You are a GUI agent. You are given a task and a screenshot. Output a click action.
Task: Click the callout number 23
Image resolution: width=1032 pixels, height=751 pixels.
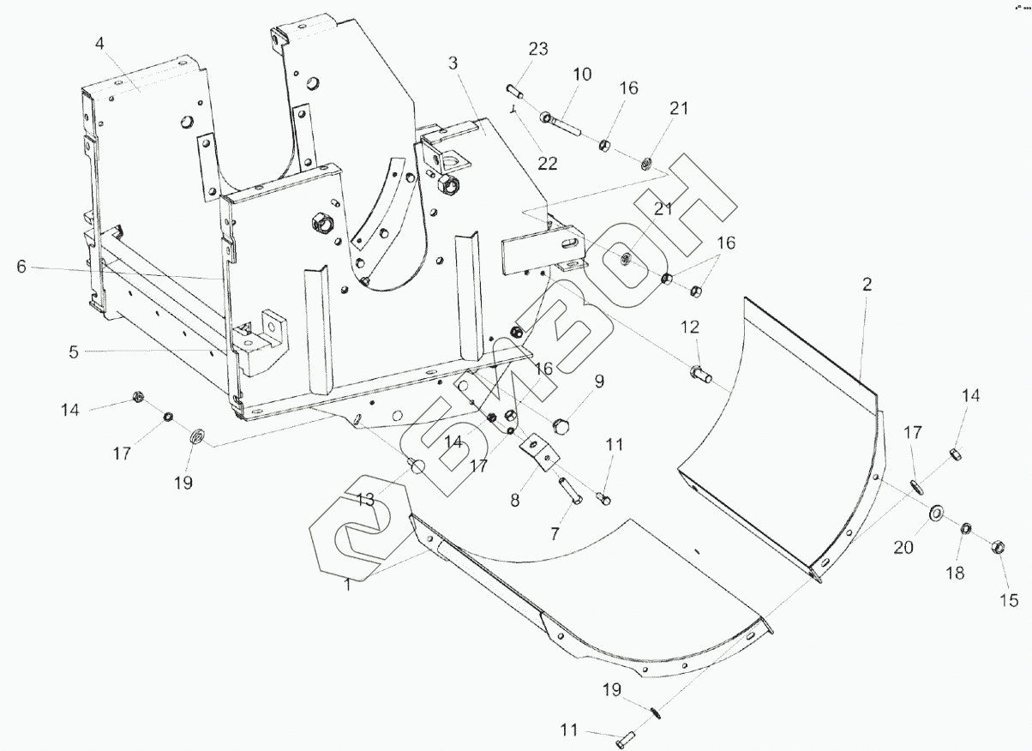pos(538,48)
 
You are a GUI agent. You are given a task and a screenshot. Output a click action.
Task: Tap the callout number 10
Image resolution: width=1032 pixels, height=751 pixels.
pos(582,75)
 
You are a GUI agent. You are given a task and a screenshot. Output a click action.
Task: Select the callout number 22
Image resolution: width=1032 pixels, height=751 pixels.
pos(548,163)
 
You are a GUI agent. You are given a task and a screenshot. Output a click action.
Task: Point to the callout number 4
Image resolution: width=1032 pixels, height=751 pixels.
pos(99,44)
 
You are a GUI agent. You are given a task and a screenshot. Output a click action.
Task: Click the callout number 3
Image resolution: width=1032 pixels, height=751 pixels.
pos(453,63)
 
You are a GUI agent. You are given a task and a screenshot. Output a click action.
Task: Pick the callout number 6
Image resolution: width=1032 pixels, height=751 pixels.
pos(21,267)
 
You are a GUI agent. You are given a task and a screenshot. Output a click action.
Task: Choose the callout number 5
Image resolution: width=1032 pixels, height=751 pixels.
pos(74,352)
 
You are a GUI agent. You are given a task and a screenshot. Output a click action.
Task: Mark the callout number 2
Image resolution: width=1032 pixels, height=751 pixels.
pos(867,285)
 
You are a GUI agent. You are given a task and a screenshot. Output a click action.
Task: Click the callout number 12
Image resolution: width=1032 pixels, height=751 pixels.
pos(690,327)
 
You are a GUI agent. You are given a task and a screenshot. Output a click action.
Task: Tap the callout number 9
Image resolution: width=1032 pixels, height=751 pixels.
pos(599,382)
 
